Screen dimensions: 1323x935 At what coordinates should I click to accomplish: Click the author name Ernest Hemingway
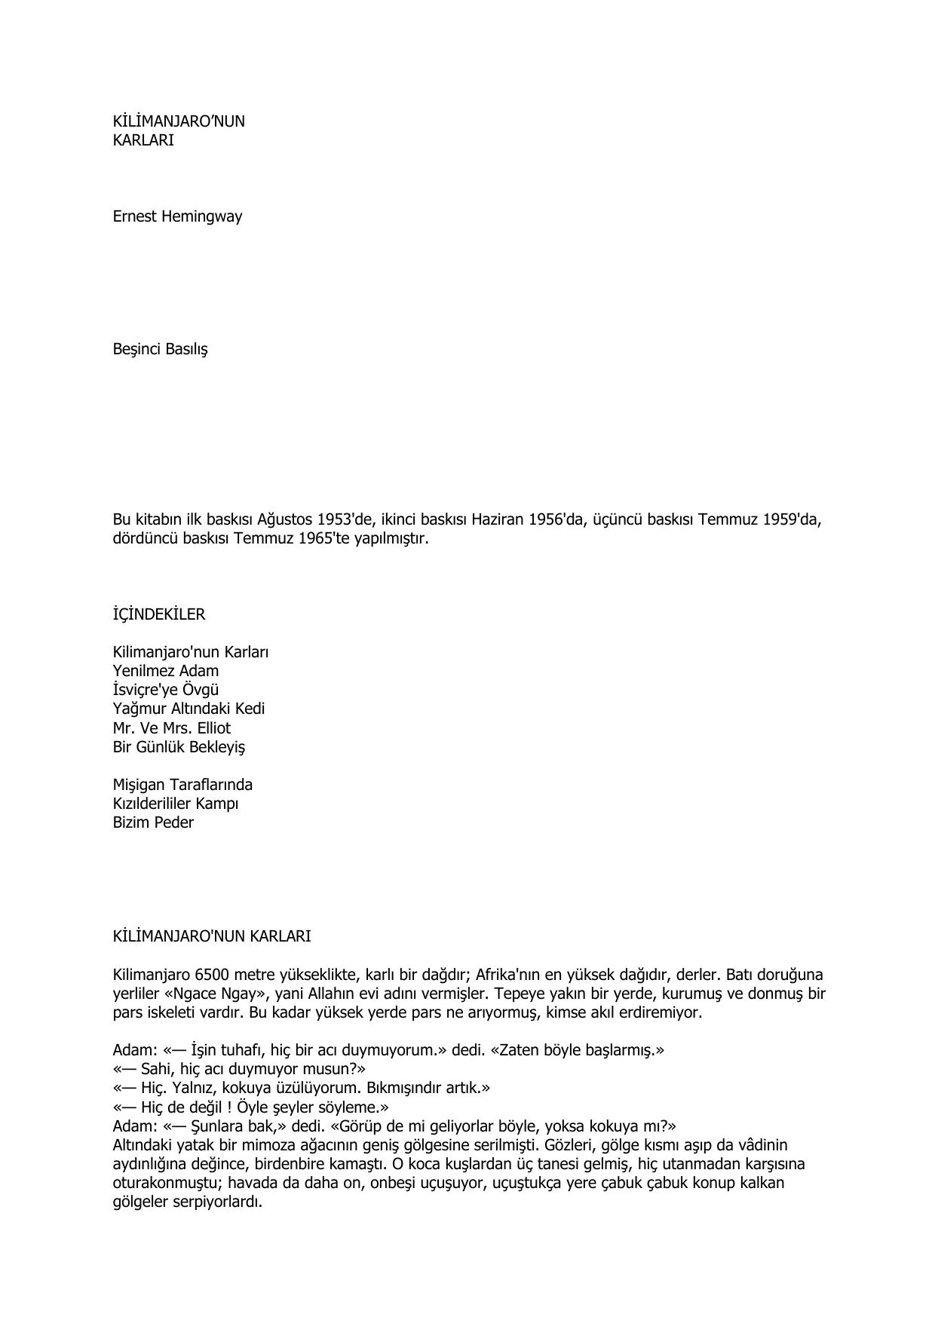(177, 217)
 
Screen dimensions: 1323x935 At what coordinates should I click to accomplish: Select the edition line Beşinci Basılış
(160, 350)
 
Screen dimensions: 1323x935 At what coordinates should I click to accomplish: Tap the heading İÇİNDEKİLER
(158, 614)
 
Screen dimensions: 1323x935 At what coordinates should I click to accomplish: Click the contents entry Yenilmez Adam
(165, 671)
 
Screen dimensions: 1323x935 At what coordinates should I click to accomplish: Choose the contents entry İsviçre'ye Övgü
(166, 690)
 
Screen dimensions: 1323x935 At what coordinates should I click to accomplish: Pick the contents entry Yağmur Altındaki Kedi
(189, 709)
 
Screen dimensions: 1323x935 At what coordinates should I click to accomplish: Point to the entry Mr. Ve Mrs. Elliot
(171, 728)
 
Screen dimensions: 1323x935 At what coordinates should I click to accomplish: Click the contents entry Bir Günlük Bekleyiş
(179, 747)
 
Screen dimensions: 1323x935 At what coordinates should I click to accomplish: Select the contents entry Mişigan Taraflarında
(182, 785)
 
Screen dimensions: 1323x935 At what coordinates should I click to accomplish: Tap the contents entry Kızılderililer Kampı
(175, 804)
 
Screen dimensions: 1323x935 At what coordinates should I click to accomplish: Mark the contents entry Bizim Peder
(153, 822)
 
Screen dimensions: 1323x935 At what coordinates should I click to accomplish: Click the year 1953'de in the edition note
(345, 520)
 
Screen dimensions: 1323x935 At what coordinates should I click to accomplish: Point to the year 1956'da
(556, 520)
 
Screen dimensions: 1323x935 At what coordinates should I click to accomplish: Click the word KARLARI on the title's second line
(143, 140)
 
